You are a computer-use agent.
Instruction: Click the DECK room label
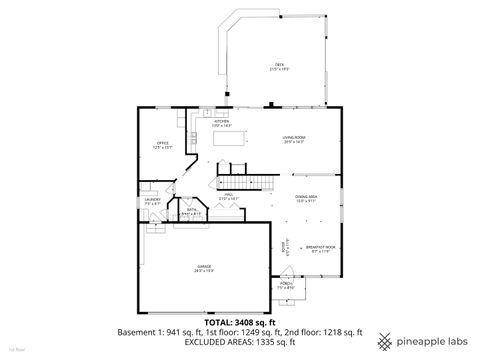click(x=279, y=66)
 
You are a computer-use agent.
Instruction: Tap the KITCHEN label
click(x=222, y=123)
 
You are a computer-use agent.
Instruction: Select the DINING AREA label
click(x=306, y=199)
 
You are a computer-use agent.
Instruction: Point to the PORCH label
click(x=286, y=286)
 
